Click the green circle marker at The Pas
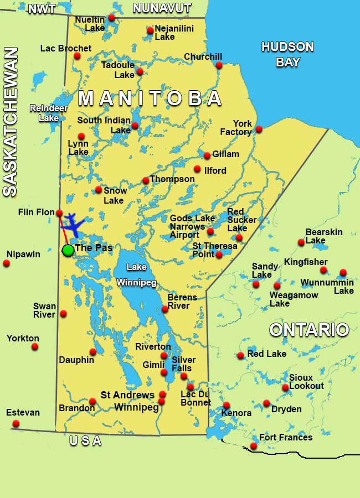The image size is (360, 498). (68, 250)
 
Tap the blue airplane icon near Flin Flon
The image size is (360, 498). (73, 224)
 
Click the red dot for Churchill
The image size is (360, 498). (219, 65)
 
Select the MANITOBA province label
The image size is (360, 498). (150, 98)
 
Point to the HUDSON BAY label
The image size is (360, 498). (287, 54)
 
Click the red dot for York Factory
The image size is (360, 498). (259, 129)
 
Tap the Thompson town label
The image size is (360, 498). (172, 179)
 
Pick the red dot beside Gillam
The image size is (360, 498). (207, 155)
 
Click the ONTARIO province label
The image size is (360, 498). (309, 330)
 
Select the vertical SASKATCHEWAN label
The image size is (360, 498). (10, 122)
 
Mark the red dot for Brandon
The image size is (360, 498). (92, 402)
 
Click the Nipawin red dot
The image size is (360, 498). (7, 263)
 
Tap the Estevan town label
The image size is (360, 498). (23, 413)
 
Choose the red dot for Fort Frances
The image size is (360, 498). (254, 446)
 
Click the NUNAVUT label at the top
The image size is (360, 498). (162, 8)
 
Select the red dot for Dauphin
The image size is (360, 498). (93, 351)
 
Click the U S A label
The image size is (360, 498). (85, 441)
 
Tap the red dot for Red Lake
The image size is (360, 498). (240, 355)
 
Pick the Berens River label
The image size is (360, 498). (182, 302)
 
